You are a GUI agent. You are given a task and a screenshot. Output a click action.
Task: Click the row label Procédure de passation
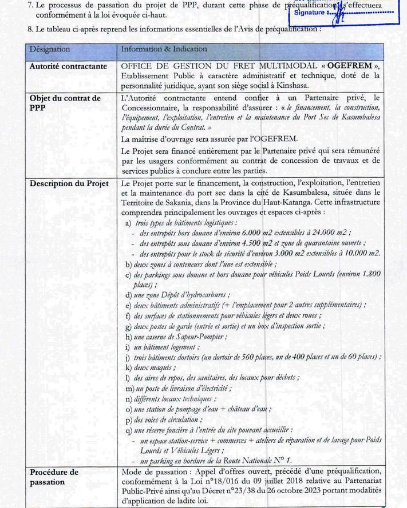pyautogui.click(x=54, y=477)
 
